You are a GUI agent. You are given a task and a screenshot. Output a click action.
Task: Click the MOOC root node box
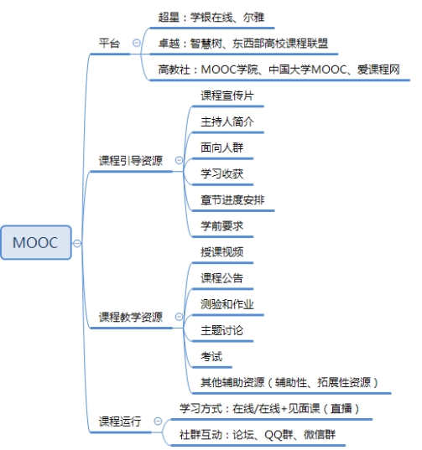[x=36, y=242]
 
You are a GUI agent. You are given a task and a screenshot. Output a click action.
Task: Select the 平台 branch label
[x=109, y=44]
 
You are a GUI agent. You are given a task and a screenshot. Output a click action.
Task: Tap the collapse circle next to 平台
[x=137, y=43]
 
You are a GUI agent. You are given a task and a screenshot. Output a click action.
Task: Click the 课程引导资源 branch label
[x=131, y=161]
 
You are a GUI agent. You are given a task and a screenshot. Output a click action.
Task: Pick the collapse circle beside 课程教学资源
[x=179, y=317]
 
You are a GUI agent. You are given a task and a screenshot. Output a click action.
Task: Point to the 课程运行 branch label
[x=120, y=422]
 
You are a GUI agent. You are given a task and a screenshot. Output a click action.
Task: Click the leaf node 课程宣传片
[x=227, y=96]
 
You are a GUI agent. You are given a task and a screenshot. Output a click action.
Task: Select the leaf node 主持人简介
[x=227, y=122]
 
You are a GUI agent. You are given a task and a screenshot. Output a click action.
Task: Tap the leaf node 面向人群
[x=221, y=147]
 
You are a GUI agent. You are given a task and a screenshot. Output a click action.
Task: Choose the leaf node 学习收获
[x=221, y=174]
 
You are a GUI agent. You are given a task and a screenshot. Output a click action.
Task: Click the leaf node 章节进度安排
[x=232, y=200]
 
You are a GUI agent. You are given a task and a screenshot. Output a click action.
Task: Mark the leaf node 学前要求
[x=221, y=226]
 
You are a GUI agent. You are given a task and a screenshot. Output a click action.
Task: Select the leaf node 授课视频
[x=221, y=252]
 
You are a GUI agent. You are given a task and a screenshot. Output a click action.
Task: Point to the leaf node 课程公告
[x=221, y=278]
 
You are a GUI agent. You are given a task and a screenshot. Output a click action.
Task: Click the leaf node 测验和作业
[x=227, y=304]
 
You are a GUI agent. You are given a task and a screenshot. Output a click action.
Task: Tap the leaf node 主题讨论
[x=221, y=330]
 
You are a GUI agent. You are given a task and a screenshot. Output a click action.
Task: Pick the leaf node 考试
[x=211, y=356]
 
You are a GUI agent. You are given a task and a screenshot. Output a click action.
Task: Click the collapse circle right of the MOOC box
[x=76, y=243]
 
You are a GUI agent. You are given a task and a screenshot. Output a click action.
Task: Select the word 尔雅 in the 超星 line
[x=253, y=18]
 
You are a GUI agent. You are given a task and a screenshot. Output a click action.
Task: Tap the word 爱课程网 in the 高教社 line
[x=378, y=70]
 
